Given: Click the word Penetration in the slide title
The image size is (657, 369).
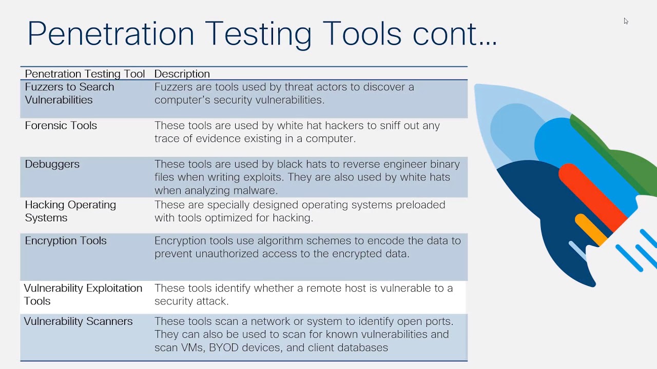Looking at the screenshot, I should click(110, 34).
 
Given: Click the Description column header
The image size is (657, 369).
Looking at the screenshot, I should click(182, 74).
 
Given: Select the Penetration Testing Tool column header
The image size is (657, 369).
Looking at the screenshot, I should click(85, 74).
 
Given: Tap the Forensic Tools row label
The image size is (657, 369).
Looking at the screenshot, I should click(61, 126).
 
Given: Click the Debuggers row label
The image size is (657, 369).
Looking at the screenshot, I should click(52, 164).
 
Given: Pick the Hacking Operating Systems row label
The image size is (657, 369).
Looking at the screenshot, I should click(70, 211).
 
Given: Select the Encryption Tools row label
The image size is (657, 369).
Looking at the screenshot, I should click(65, 241).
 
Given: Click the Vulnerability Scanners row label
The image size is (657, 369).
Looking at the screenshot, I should click(78, 321).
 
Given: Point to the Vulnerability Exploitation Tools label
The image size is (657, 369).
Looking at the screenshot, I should click(83, 294).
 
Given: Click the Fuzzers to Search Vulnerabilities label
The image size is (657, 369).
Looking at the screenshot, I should click(69, 93).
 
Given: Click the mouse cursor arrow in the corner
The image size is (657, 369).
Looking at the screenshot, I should click(626, 21).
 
